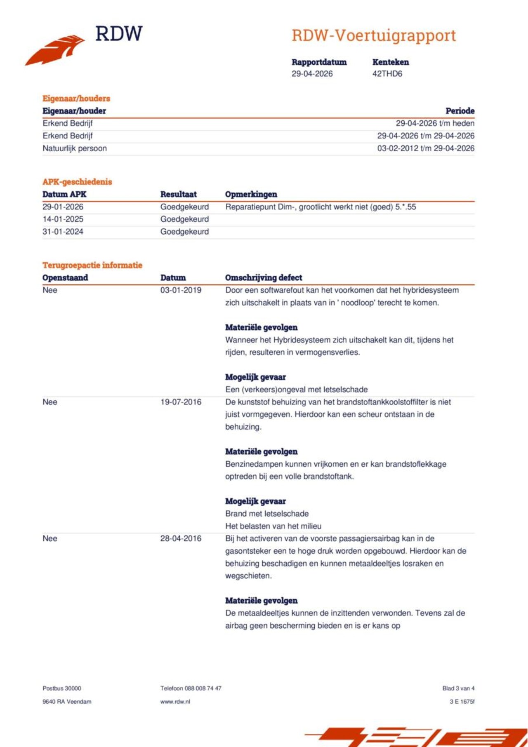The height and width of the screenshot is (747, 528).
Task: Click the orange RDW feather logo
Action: (x=56, y=49)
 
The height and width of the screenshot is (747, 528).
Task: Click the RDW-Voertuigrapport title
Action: (x=374, y=35)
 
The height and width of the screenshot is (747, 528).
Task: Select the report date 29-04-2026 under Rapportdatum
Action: (x=312, y=74)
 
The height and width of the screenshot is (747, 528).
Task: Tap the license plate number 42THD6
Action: (x=387, y=74)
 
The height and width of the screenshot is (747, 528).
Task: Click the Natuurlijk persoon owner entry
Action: (x=75, y=148)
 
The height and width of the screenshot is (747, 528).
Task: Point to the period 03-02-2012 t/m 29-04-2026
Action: (x=426, y=148)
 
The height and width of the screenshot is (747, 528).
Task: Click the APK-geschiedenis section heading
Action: (x=77, y=182)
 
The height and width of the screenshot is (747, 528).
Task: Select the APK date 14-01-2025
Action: (x=63, y=219)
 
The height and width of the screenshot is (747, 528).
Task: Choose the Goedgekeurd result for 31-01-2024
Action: (x=184, y=232)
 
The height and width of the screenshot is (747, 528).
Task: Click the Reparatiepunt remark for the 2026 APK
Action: (x=321, y=207)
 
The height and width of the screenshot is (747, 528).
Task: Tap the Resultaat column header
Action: (x=178, y=194)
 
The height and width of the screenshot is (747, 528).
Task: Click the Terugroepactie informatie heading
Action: (x=92, y=265)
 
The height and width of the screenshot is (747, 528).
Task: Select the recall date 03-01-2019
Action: (x=181, y=290)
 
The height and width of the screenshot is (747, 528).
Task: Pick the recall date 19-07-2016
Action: (x=181, y=402)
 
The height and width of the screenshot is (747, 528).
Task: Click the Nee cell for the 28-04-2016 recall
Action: (x=50, y=538)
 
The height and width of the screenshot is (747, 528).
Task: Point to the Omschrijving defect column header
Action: (x=264, y=277)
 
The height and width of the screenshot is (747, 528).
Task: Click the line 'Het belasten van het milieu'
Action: (x=273, y=526)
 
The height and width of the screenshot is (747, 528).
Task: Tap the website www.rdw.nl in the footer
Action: (x=175, y=702)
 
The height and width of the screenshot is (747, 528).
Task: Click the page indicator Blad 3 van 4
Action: (x=458, y=688)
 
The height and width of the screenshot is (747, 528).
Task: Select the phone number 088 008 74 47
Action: (x=203, y=688)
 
